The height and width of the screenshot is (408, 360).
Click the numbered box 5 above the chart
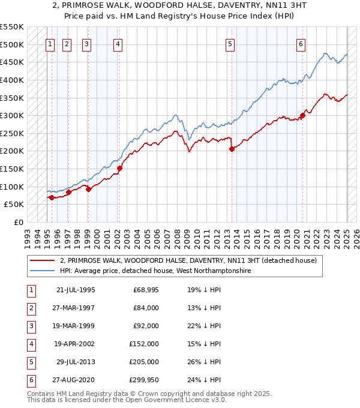230,43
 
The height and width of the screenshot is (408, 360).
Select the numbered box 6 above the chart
301,43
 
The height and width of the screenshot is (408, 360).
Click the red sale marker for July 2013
232,149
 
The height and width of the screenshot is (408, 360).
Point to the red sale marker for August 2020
303,116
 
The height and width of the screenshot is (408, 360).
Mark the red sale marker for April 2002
120,168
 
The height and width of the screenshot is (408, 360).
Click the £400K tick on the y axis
12,80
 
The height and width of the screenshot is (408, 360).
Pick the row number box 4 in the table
31,344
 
